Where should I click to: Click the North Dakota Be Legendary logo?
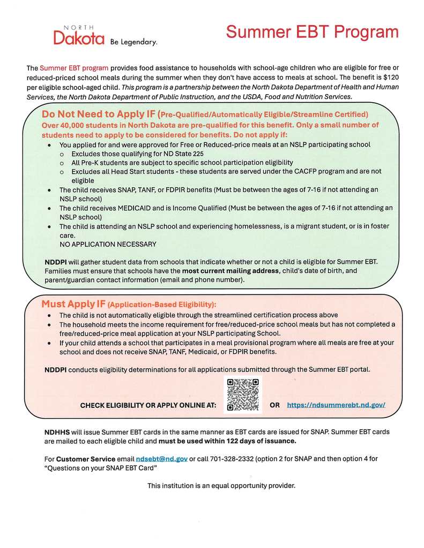click(105, 35)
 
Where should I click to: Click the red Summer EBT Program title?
click(312, 32)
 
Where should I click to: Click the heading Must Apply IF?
click(73, 304)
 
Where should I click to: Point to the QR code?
click(242, 394)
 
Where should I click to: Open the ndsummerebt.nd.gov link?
click(336, 405)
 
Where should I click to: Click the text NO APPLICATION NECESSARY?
click(108, 244)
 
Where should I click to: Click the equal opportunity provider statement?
click(221, 485)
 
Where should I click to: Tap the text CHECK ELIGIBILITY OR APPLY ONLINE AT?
click(148, 406)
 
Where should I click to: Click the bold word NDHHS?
click(57, 431)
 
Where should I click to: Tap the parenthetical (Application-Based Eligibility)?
click(162, 305)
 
